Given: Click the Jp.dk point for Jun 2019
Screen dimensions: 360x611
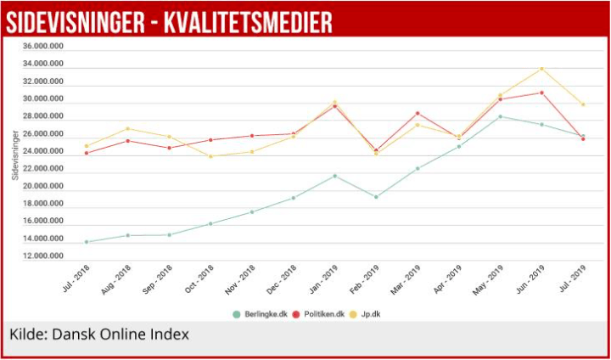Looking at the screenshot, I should (541, 69).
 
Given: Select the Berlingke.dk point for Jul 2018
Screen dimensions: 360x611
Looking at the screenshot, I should (87, 242).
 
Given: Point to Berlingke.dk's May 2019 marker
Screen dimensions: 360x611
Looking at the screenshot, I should (501, 116).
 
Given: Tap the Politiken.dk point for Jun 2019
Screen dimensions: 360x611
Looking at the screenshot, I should (541, 93).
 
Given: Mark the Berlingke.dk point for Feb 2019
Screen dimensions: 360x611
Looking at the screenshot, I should (376, 197).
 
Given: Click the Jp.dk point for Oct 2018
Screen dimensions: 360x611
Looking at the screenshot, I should (210, 156).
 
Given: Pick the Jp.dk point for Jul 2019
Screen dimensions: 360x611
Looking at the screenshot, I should (583, 104).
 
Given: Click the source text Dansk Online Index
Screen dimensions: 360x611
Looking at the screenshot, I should (121, 334).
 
